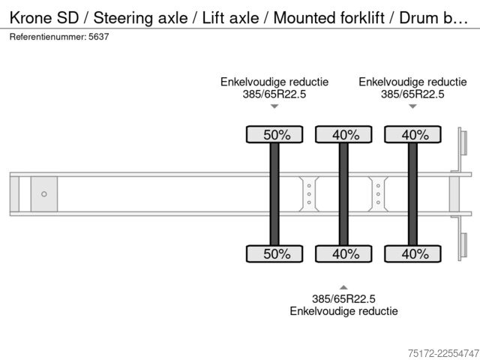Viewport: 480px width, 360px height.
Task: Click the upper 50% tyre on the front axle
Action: coord(274,134)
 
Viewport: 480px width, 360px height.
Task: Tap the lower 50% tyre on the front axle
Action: coord(274,253)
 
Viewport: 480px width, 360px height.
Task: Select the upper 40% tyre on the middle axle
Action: coord(343,134)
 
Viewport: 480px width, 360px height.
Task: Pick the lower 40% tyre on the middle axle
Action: coord(343,253)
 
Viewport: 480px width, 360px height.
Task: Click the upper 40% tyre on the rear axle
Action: coord(412,134)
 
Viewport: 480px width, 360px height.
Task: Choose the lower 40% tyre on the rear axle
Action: coord(412,253)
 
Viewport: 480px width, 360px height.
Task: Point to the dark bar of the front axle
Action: coord(274,194)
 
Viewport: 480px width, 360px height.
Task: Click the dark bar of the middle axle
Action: coord(343,194)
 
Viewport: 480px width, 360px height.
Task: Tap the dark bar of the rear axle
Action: coord(412,194)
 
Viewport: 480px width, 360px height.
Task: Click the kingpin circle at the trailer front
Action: coord(44,194)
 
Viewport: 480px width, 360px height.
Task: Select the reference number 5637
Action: coord(98,37)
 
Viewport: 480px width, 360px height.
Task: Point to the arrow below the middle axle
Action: coord(343,287)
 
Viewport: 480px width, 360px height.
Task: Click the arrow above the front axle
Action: coord(274,106)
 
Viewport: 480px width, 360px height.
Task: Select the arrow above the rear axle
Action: coord(412,106)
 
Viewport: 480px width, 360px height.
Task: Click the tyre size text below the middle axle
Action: coord(343,298)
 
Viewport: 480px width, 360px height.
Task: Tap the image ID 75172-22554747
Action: coord(443,353)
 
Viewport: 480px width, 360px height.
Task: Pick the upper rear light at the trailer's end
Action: coord(464,142)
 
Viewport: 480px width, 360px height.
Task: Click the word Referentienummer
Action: coord(48,37)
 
